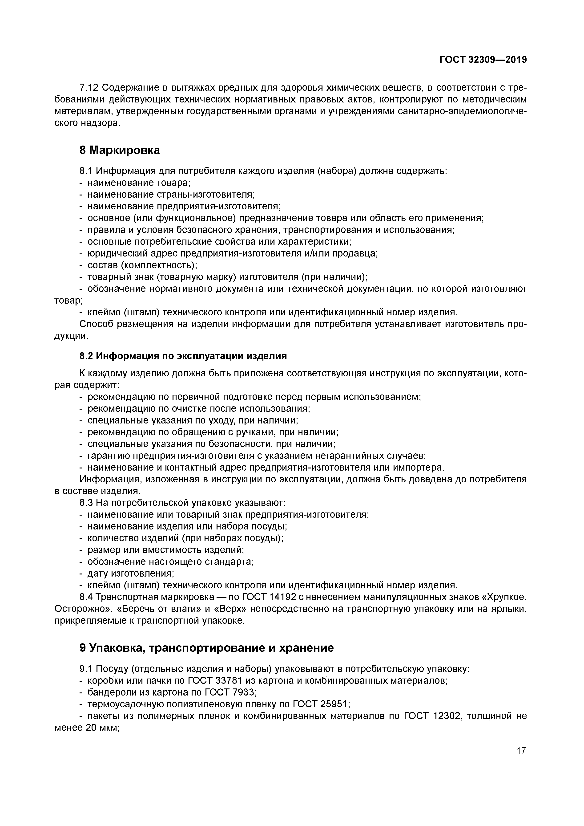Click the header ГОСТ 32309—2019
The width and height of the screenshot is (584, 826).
point(483,60)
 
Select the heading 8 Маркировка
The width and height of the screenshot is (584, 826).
point(119,150)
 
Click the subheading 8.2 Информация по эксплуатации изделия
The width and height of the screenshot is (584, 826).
point(183,356)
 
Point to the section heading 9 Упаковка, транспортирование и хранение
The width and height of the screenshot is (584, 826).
point(206,648)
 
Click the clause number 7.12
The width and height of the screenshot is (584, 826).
point(89,88)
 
